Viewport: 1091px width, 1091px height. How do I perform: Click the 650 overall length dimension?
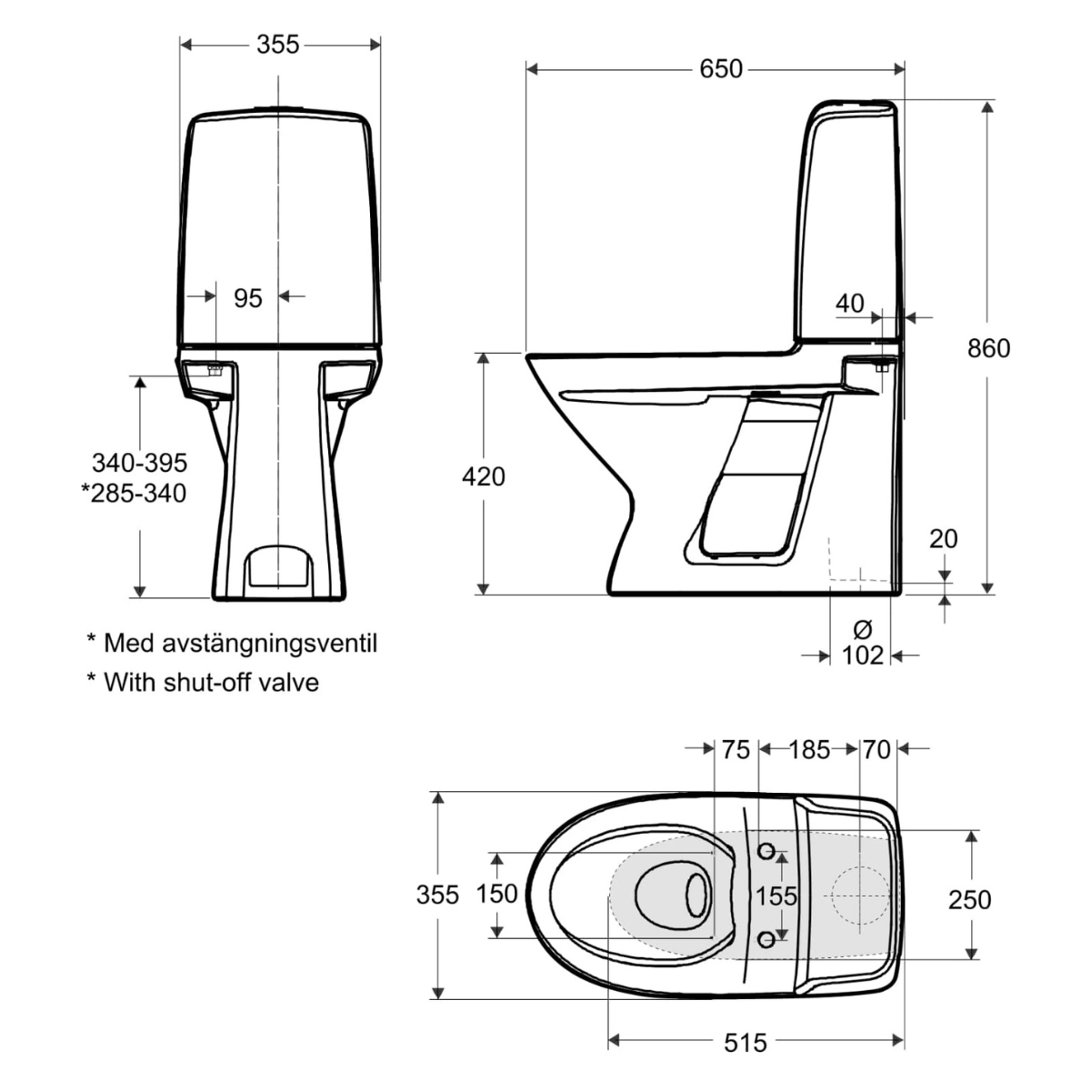[x=721, y=69]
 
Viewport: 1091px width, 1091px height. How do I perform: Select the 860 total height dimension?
[x=989, y=348]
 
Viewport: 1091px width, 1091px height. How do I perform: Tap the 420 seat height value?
[x=484, y=475]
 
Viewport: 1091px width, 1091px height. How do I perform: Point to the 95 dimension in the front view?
[x=247, y=297]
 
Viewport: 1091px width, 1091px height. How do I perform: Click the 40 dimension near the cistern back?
[x=850, y=303]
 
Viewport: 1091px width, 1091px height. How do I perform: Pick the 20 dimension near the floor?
[x=944, y=538]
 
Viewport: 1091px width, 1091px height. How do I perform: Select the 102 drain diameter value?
[x=863, y=655]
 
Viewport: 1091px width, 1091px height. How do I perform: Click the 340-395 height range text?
[x=139, y=463]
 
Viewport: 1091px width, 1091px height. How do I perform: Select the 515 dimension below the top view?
[x=746, y=1042]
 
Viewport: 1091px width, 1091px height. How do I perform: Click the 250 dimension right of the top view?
[x=969, y=899]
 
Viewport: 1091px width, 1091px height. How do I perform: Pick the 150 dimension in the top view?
[x=496, y=895]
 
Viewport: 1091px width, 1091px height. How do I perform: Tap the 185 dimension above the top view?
[x=809, y=749]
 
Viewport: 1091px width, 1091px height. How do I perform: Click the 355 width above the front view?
[x=277, y=44]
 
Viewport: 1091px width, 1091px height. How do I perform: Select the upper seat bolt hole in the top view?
[x=766, y=851]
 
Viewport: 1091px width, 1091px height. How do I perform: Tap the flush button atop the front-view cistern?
[x=277, y=110]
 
